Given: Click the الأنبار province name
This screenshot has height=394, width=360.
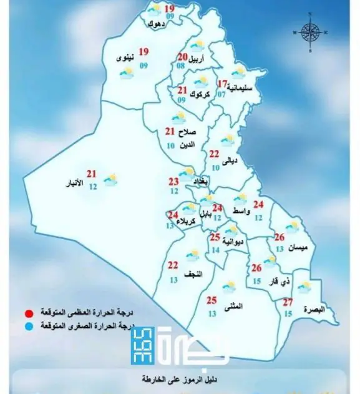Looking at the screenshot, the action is pyautogui.click(x=77, y=185).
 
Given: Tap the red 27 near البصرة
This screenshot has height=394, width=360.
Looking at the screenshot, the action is pyautogui.click(x=288, y=303).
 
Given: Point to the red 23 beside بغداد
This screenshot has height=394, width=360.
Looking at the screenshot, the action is pyautogui.click(x=173, y=182).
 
